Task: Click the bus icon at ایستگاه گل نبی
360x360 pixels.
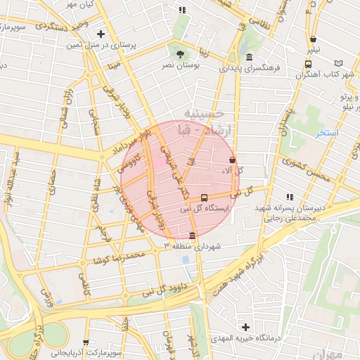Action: [x=204, y=198]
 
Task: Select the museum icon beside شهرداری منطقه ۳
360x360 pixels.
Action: [x=193, y=235]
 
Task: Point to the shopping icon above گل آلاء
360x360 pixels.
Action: [x=232, y=160]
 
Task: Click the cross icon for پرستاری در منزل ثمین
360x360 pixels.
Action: [x=101, y=34]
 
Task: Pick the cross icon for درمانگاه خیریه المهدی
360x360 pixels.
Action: [x=245, y=327]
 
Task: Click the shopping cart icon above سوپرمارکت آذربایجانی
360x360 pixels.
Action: [x=86, y=342]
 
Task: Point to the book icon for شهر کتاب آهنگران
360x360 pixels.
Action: [x=340, y=63]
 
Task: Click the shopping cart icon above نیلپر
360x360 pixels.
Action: [x=312, y=39]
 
